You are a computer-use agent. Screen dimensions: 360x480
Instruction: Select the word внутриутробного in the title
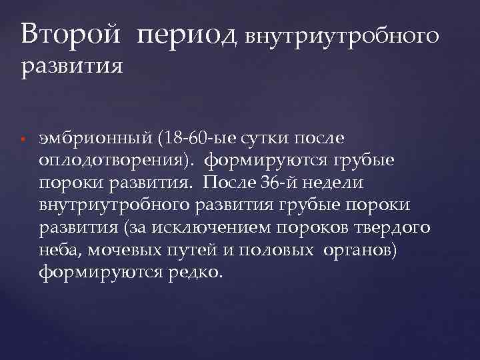343,36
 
